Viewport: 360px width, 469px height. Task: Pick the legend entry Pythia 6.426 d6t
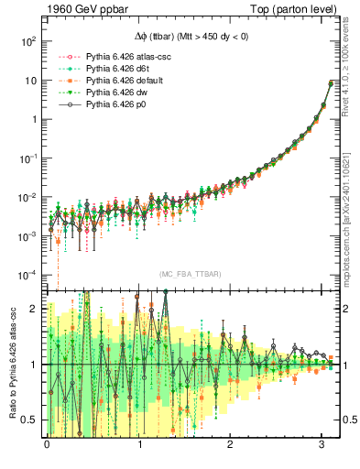[124, 69]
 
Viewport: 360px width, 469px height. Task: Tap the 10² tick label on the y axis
[27, 41]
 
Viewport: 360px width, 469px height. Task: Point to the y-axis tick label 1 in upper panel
[33, 119]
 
